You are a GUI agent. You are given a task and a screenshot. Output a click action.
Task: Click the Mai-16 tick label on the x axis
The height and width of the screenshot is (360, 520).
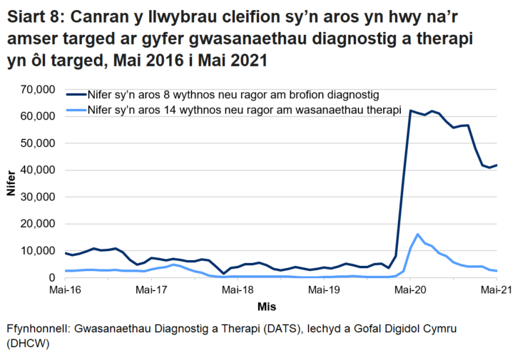(x=65, y=291)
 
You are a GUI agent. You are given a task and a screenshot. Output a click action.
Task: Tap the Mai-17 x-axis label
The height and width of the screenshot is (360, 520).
(x=151, y=291)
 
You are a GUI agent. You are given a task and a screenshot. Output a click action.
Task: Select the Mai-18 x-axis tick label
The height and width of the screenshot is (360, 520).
(x=238, y=291)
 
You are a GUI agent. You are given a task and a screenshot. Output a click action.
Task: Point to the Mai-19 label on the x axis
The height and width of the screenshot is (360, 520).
(x=324, y=291)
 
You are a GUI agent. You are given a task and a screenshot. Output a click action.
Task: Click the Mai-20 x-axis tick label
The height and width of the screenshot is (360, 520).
(x=410, y=291)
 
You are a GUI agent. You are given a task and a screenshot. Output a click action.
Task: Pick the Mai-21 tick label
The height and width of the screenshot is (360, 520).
(x=496, y=291)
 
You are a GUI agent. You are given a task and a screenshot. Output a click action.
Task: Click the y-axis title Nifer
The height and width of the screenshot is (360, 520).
(x=11, y=183)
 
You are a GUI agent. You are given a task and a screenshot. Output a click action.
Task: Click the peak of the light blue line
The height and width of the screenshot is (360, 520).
(x=418, y=234)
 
